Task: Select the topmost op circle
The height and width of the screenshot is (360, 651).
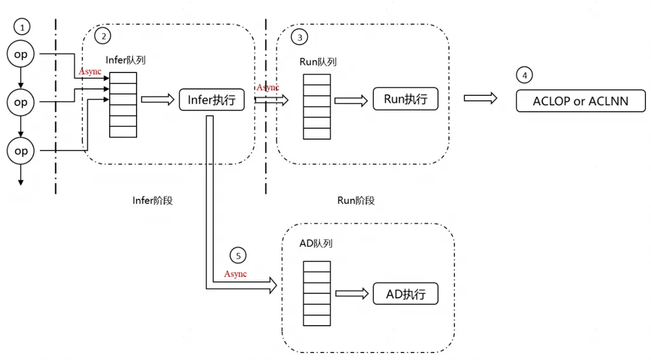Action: click(21, 55)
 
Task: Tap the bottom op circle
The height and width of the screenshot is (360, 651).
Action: click(21, 151)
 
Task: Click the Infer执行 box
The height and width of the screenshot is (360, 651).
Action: click(211, 100)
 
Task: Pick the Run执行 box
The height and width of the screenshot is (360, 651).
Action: click(405, 99)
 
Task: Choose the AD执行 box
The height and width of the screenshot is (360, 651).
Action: click(405, 293)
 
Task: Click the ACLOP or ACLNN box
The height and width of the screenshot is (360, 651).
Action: click(581, 101)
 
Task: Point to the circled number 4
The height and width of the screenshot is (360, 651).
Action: click(524, 75)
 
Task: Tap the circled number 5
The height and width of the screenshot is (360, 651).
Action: click(238, 256)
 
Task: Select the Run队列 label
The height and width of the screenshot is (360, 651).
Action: click(318, 62)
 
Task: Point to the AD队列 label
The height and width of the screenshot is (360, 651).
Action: click(316, 243)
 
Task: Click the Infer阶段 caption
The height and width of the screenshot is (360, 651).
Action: click(152, 200)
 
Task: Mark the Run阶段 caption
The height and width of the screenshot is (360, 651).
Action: click(356, 200)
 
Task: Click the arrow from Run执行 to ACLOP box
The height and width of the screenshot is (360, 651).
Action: click(480, 98)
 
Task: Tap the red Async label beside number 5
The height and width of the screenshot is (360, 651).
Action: click(235, 274)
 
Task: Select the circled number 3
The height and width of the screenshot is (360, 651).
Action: click(299, 37)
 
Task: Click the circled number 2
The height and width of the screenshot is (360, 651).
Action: click(102, 36)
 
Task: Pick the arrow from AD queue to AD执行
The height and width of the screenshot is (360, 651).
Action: click(352, 293)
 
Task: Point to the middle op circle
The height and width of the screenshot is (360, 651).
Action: click(21, 102)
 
